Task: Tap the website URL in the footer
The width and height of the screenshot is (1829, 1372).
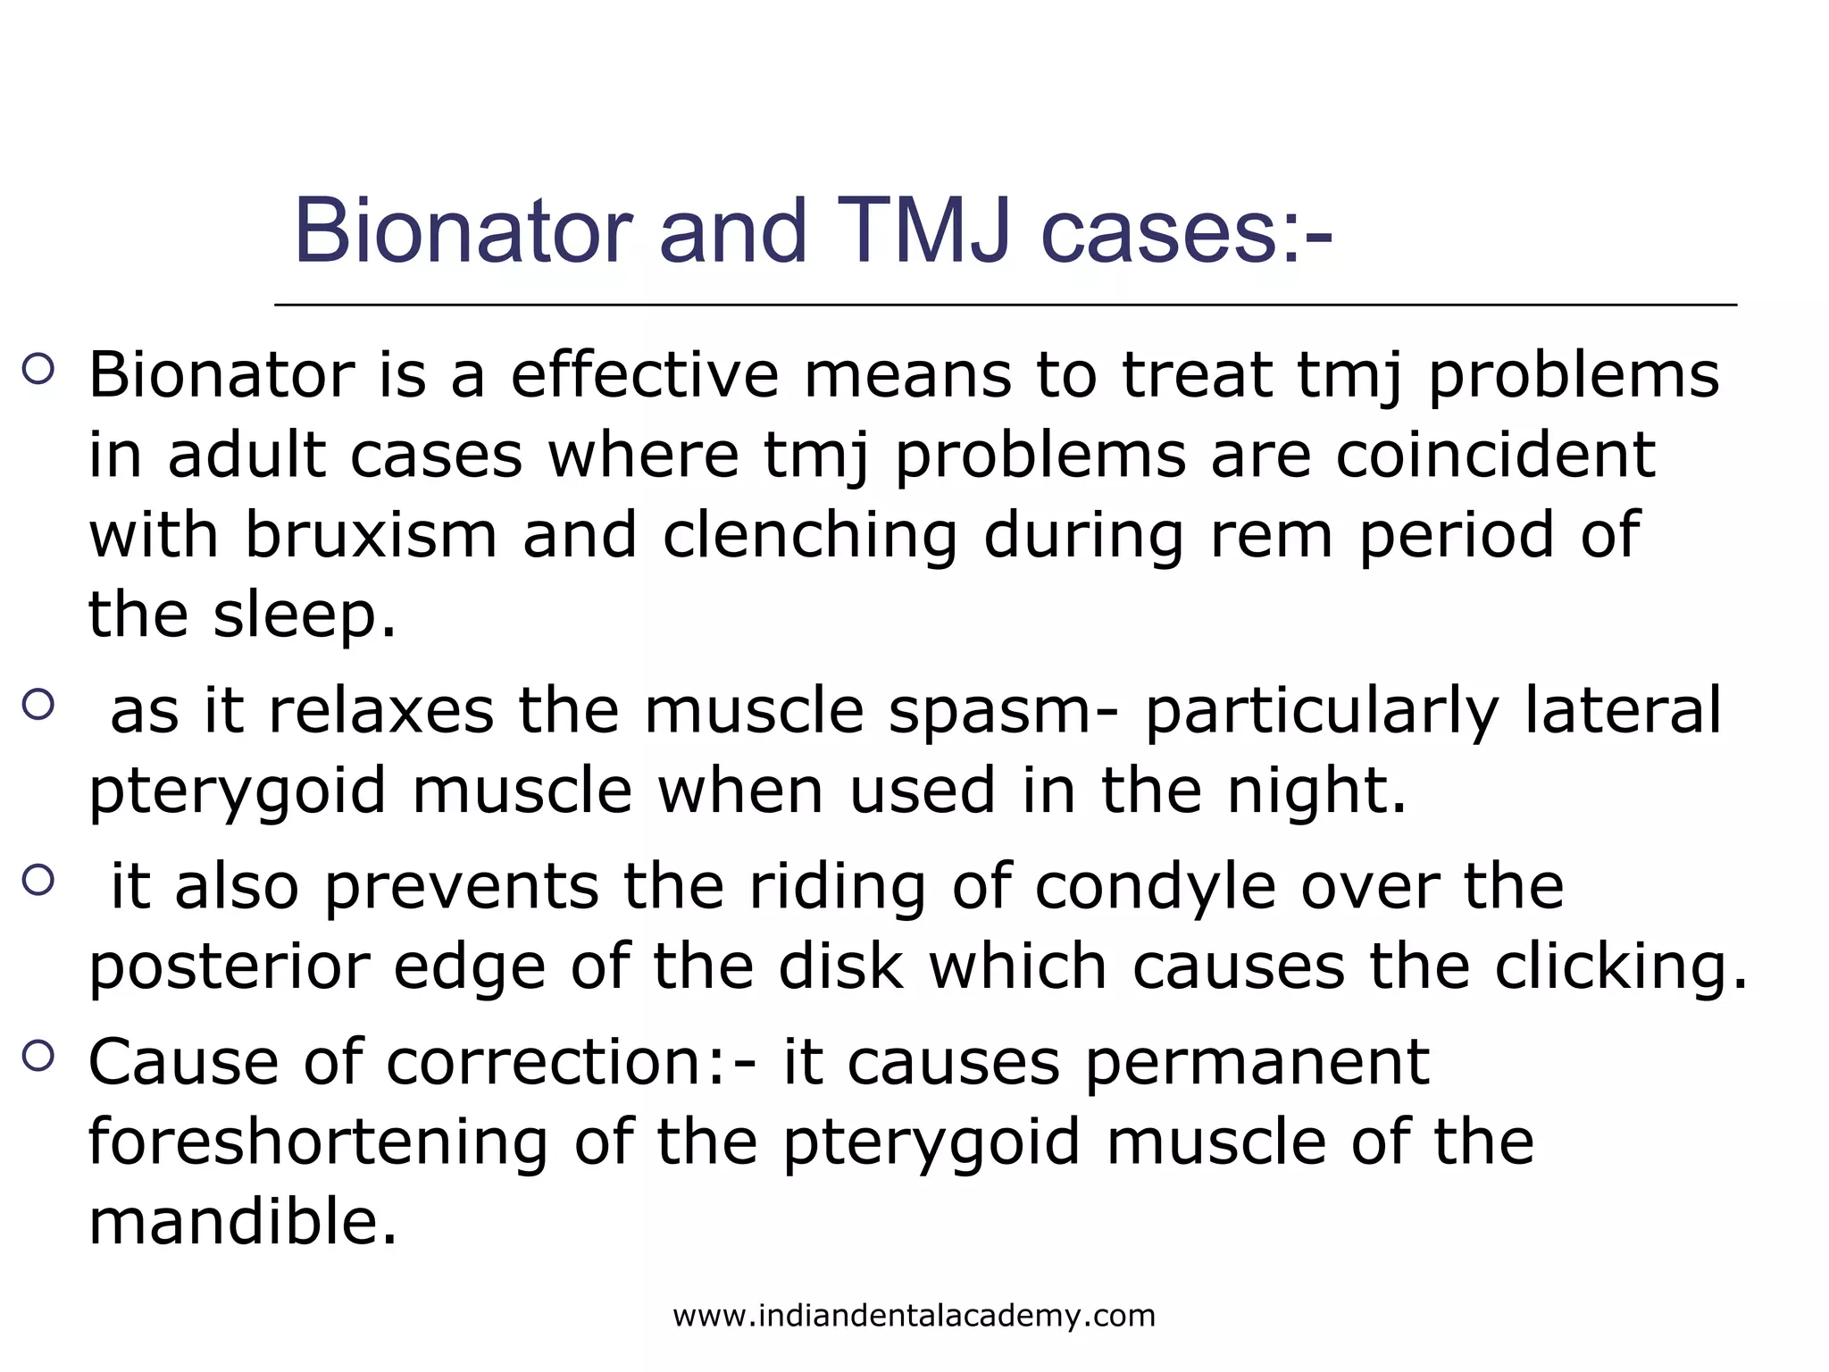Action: click(914, 1316)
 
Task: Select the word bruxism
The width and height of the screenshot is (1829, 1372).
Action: click(371, 535)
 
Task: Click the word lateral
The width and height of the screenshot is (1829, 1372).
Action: click(1622, 711)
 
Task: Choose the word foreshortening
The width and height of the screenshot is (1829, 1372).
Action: click(318, 1142)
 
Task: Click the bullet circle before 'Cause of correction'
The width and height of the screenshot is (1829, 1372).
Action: click(38, 1057)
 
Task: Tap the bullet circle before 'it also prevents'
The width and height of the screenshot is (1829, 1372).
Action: click(38, 881)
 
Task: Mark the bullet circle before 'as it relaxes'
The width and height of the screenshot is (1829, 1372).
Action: click(38, 705)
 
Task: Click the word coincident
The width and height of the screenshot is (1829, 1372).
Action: click(1496, 456)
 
